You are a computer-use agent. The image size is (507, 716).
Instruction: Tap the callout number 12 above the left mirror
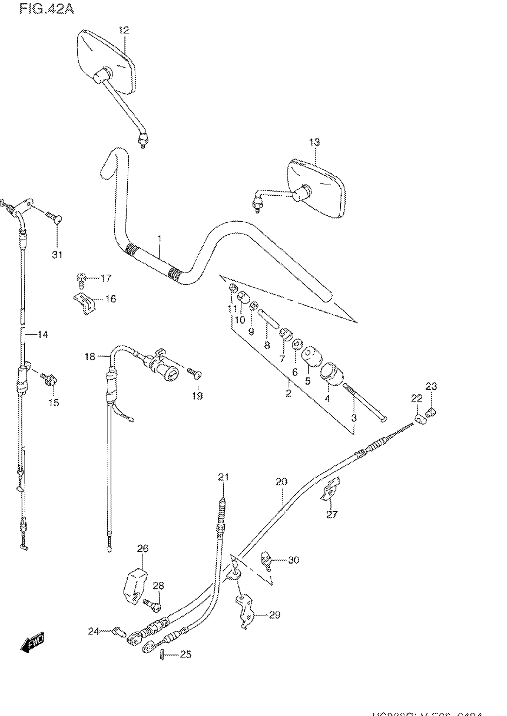[x=124, y=30]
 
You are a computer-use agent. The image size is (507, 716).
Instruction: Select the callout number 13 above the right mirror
[x=314, y=142]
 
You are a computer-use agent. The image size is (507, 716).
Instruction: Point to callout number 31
[x=57, y=255]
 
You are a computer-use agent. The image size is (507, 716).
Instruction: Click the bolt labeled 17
[x=81, y=279]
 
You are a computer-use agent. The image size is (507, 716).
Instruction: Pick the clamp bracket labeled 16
[x=85, y=303]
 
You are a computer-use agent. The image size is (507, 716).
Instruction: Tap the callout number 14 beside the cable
[x=43, y=335]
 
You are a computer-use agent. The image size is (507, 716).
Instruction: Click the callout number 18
[x=90, y=356]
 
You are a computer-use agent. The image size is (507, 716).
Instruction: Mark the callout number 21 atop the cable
[x=223, y=477]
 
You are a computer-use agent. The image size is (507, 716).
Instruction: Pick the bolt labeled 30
[x=265, y=561]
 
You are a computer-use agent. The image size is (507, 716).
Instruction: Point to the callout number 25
[x=186, y=654]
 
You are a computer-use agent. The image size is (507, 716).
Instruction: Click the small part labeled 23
[x=432, y=411]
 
